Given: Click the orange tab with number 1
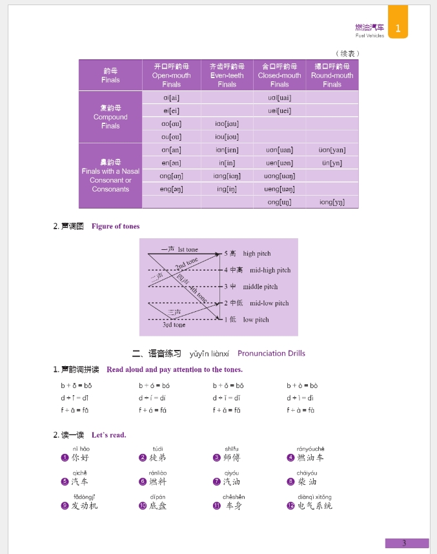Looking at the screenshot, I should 398,28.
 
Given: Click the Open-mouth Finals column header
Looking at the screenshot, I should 171,75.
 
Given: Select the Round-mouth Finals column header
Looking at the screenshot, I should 332,75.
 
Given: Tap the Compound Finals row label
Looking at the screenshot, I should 110,117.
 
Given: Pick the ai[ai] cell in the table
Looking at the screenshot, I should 171,97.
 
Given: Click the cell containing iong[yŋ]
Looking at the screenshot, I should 332,202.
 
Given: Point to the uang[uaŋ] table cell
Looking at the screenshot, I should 279,176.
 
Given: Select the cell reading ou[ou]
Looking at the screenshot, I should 171,137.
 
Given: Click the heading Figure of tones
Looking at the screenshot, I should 116,226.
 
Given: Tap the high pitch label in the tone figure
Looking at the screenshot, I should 257,254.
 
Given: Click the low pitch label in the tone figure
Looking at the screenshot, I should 256,320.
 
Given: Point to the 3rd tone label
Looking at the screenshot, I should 174,325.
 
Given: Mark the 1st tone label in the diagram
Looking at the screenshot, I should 188,250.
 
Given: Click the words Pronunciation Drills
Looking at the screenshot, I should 271,353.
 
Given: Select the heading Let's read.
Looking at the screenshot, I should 109,435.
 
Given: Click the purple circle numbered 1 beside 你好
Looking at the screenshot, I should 65,458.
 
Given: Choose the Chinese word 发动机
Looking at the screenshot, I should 85,506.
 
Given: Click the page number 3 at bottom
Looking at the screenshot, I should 405,543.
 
